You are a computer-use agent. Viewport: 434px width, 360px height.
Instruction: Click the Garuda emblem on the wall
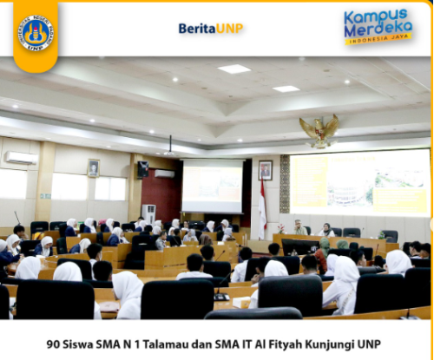319,130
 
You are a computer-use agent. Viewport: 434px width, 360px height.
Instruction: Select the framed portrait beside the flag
265,170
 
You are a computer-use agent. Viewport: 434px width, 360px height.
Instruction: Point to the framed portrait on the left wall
93,168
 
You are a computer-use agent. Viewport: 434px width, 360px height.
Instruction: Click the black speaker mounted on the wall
141,168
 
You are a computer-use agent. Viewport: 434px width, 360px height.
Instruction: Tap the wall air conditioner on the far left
20,158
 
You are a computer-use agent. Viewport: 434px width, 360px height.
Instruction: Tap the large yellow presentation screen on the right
359,182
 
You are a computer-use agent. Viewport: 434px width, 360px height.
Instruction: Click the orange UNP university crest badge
36,33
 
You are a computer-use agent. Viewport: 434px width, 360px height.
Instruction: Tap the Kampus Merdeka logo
378,26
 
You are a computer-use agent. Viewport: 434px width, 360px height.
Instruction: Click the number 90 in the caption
53,343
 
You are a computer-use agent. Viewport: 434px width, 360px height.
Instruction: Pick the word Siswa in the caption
78,343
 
